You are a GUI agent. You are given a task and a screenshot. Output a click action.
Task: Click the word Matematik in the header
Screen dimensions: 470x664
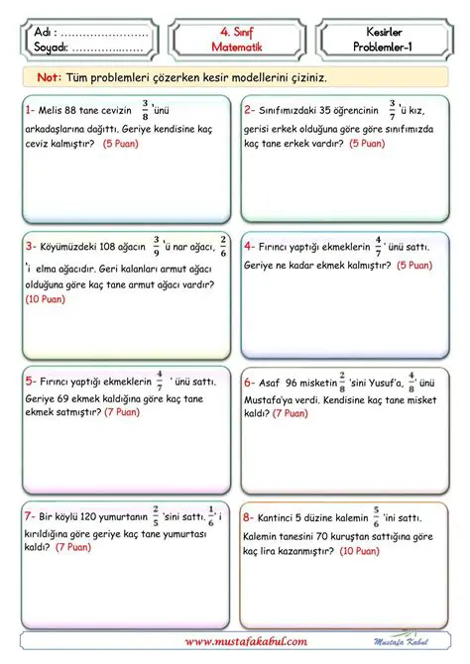tap(234, 47)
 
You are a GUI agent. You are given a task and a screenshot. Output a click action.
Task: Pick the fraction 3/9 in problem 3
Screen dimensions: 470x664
tap(155, 245)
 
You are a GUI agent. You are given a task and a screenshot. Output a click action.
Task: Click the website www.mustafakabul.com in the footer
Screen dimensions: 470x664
tap(245, 643)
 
